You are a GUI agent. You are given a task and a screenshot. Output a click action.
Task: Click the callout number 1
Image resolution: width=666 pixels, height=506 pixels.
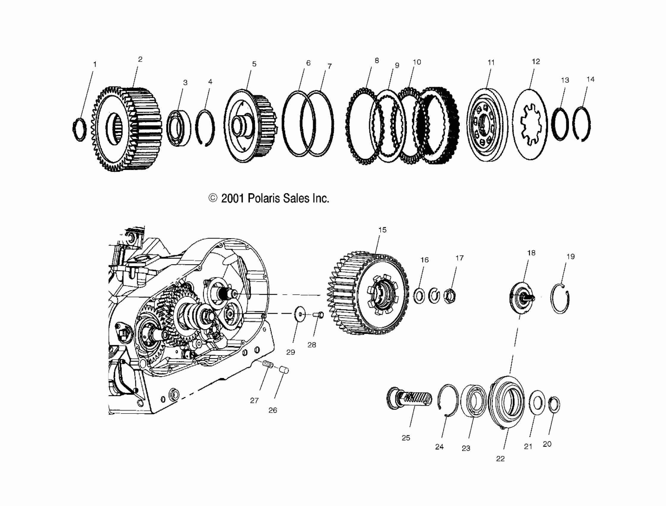pos(95,64)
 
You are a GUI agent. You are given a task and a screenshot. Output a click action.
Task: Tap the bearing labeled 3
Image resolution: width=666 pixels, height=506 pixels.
pos(179,128)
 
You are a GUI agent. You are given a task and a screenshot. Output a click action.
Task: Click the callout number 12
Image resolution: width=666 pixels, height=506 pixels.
pos(536,62)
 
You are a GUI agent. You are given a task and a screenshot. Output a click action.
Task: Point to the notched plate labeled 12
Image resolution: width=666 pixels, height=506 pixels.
pos(530,124)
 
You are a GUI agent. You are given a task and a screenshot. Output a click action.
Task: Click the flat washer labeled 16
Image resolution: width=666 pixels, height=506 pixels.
pos(419,296)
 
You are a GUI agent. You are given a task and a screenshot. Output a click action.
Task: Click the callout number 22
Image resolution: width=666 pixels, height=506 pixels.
pos(500,458)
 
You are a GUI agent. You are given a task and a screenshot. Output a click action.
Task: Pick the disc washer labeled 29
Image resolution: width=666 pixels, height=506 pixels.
pos(299,314)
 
